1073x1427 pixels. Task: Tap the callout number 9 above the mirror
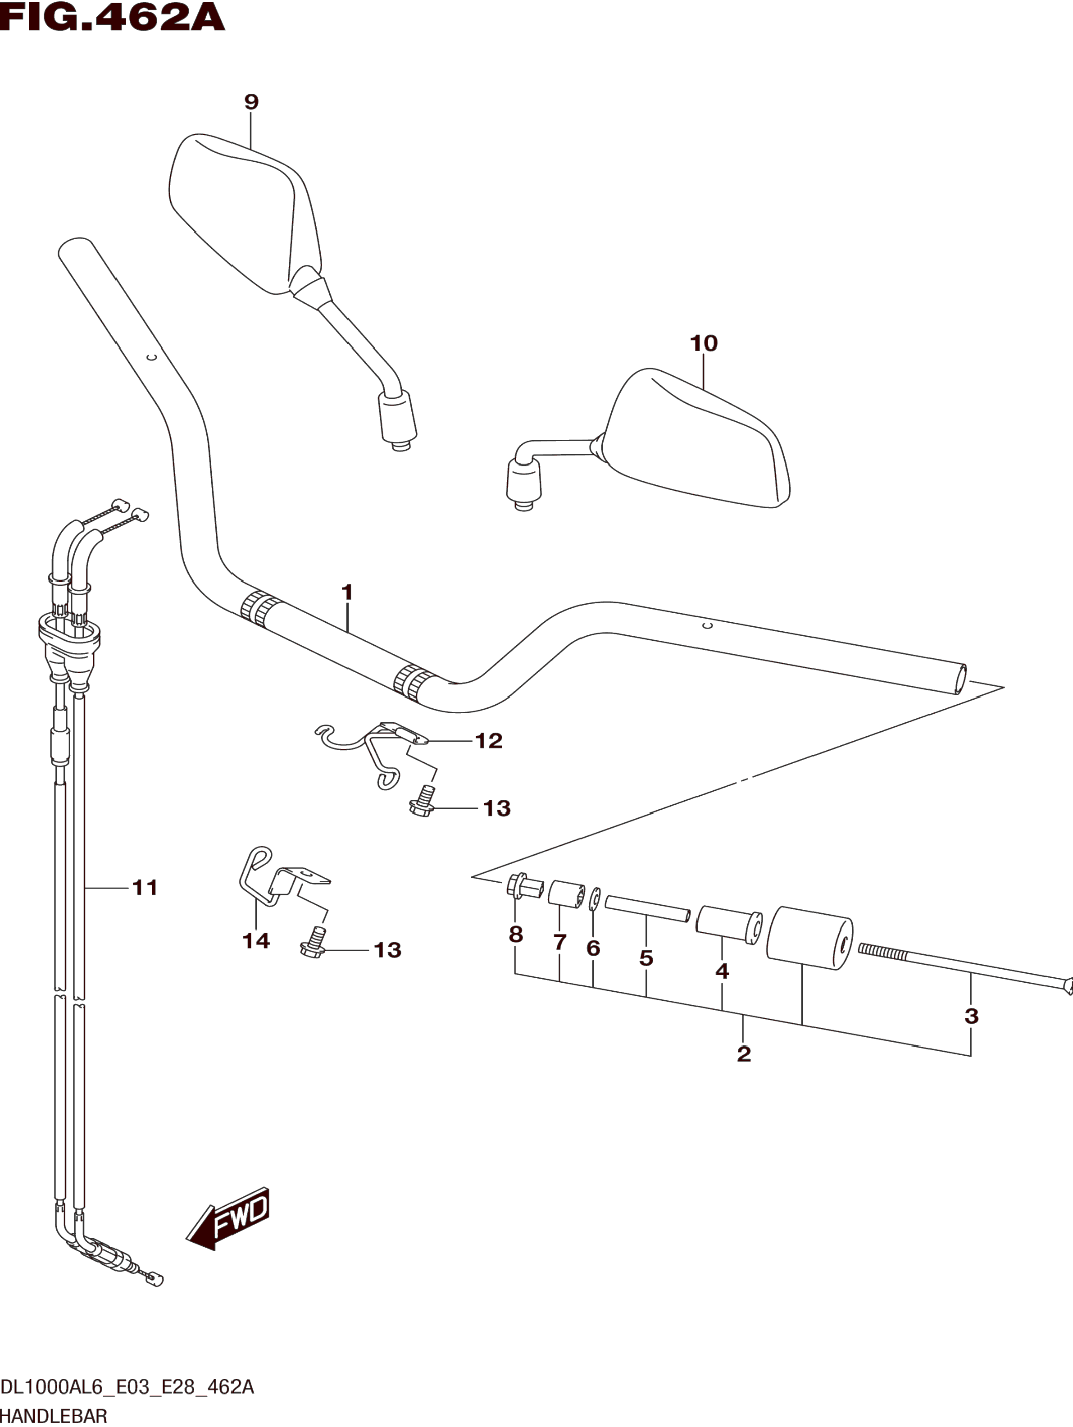[251, 102]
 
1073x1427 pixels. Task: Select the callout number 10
[704, 343]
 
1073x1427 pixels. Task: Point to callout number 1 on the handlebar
[347, 592]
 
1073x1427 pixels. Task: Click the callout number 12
[488, 741]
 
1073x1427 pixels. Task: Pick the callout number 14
[255, 940]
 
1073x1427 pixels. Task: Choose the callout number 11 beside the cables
[145, 888]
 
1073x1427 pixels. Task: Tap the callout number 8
[515, 934]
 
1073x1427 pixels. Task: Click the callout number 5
[646, 958]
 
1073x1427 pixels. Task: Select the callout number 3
[971, 1016]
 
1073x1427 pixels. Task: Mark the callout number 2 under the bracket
[744, 1054]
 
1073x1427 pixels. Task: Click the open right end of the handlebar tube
[959, 679]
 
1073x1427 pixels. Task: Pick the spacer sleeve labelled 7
[565, 894]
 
